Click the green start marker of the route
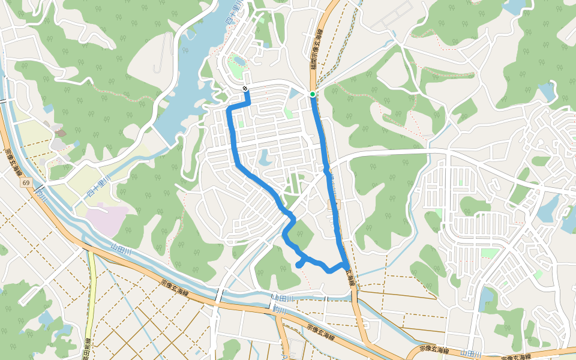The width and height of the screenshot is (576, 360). [313, 94]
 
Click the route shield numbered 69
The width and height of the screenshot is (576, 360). [27, 181]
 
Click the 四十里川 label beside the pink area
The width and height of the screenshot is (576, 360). [95, 192]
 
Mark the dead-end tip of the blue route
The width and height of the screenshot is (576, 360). [298, 265]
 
